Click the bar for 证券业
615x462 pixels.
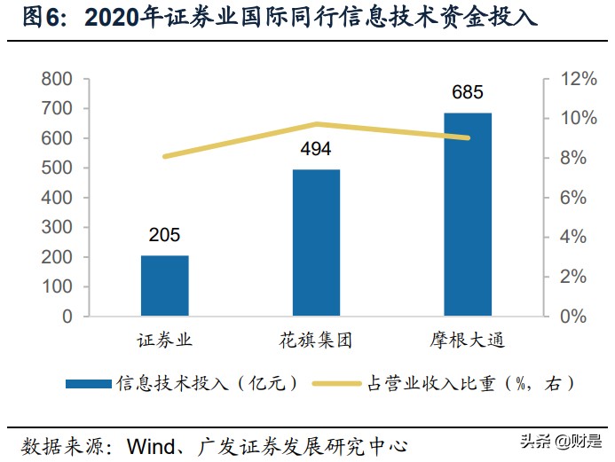(164, 286)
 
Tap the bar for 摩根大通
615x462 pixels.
(468, 214)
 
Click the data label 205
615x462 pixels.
(164, 235)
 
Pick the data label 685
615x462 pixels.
(468, 92)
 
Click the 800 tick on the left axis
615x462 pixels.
(56, 79)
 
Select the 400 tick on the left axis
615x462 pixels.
(56, 198)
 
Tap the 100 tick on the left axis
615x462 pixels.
(56, 286)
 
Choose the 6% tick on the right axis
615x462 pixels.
(582, 198)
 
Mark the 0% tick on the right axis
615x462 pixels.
(582, 316)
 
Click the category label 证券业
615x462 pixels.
(164, 341)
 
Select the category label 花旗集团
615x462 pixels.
(316, 341)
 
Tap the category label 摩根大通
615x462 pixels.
(468, 341)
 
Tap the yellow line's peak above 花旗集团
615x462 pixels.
(316, 124)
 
